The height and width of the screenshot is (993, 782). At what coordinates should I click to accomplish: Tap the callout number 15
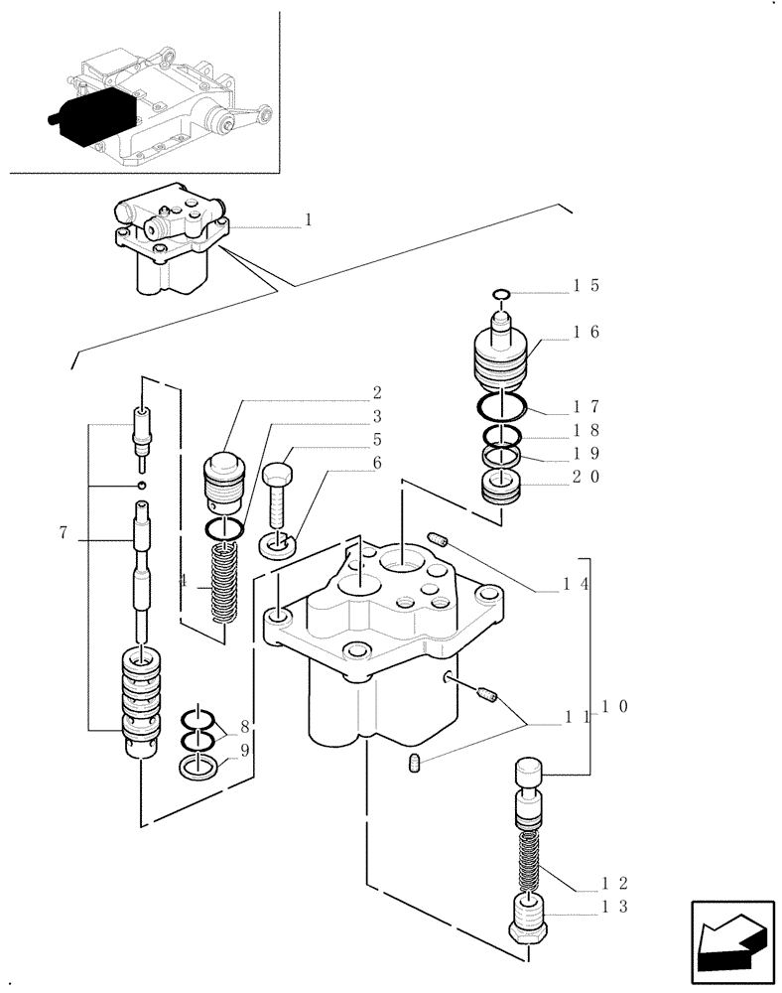click(x=585, y=286)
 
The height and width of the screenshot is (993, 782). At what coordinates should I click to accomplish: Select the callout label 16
click(x=585, y=333)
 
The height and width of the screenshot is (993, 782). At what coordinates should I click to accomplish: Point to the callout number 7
click(x=64, y=533)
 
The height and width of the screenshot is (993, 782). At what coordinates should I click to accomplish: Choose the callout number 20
click(x=585, y=477)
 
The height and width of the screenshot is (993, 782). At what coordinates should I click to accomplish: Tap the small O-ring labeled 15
click(x=501, y=293)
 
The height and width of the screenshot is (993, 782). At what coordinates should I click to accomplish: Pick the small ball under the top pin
click(x=143, y=484)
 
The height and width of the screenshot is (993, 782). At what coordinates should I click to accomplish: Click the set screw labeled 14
click(x=441, y=540)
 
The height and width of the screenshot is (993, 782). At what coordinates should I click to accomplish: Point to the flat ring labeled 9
click(x=200, y=765)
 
